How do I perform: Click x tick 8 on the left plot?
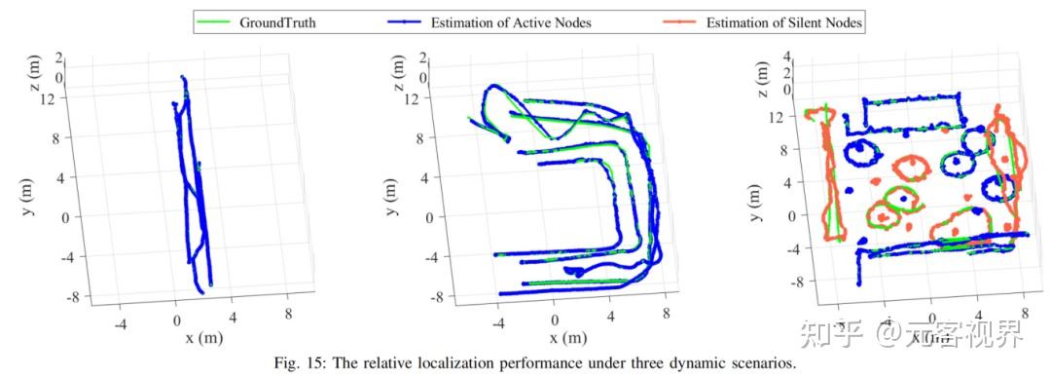point(288,314)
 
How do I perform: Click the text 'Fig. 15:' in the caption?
point(281,364)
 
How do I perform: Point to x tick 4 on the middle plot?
point(610,319)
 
